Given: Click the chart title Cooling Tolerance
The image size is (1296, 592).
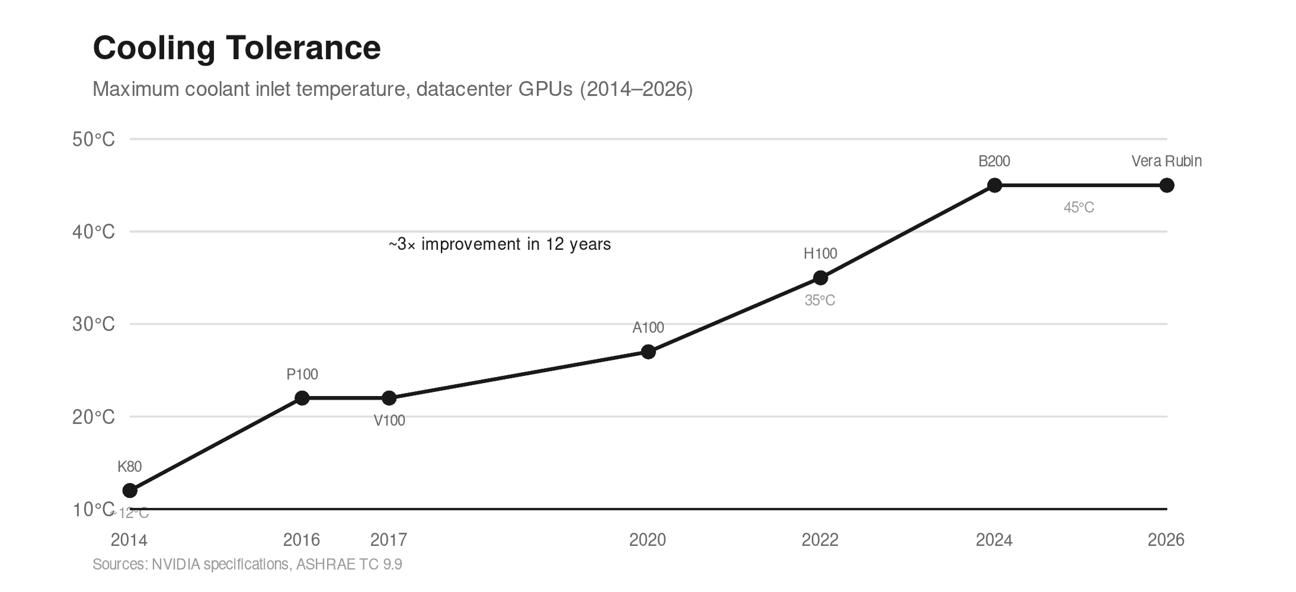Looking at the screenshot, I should pyautogui.click(x=236, y=48).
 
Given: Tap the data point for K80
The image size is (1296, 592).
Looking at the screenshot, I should pyautogui.click(x=130, y=491).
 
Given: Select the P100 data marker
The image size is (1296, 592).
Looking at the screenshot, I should pyautogui.click(x=302, y=398).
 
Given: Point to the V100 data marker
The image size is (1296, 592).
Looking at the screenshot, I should pyautogui.click(x=389, y=398).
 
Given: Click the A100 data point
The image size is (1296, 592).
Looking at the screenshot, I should pyautogui.click(x=648, y=352).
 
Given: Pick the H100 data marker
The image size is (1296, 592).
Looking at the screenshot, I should pyautogui.click(x=820, y=278).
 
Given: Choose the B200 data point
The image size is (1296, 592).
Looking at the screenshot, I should pyautogui.click(x=994, y=185).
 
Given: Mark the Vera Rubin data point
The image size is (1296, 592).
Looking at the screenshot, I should pyautogui.click(x=1166, y=185).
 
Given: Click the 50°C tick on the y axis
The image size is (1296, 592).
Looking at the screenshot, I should pyautogui.click(x=94, y=140).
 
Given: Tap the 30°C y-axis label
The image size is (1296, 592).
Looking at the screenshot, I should pyautogui.click(x=94, y=324).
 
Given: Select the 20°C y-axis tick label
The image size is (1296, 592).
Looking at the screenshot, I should pyautogui.click(x=94, y=417).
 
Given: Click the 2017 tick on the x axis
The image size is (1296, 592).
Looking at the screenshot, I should pyautogui.click(x=389, y=540).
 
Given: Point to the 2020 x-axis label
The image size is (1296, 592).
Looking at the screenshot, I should pyautogui.click(x=648, y=540).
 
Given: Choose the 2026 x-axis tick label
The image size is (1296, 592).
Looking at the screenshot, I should pyautogui.click(x=1166, y=540).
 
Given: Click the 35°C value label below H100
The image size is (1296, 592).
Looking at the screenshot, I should pyautogui.click(x=820, y=301).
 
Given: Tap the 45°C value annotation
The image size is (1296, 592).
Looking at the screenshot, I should pyautogui.click(x=1079, y=208).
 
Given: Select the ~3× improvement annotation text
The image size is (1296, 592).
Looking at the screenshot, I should pyautogui.click(x=500, y=244).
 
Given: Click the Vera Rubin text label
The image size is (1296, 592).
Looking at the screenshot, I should pyautogui.click(x=1166, y=161).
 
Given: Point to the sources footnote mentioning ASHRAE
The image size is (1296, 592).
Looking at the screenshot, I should pyautogui.click(x=247, y=565).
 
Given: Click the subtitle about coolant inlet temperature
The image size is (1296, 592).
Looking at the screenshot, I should pyautogui.click(x=392, y=89).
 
